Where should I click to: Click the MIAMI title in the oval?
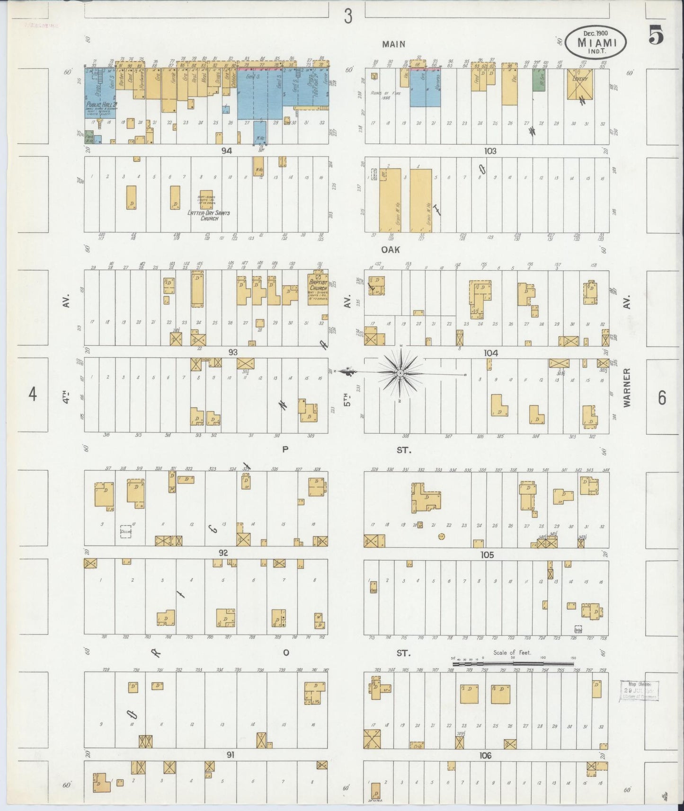tap(596, 42)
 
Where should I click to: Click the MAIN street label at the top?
tap(394, 44)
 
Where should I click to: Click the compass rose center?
tap(400, 373)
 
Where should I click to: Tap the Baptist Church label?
tap(318, 284)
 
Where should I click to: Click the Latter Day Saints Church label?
tap(208, 215)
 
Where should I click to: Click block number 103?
tap(490, 151)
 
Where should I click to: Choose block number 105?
tap(487, 555)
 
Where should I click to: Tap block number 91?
tap(230, 755)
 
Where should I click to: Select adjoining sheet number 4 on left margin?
tap(32, 394)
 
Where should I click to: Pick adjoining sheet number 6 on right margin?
tap(661, 398)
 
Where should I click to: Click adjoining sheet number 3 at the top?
tap(348, 17)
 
